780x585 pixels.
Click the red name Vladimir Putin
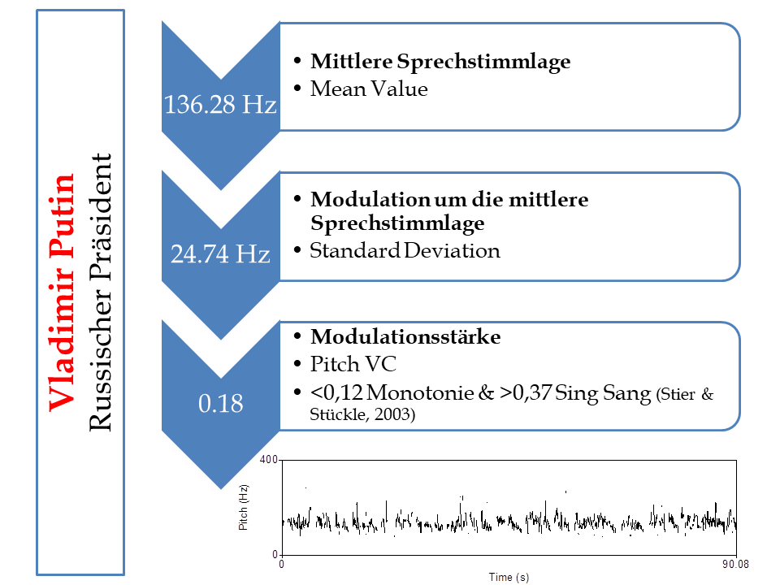tap(61, 292)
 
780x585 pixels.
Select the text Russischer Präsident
tap(100, 292)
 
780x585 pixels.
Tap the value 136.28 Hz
tap(220, 105)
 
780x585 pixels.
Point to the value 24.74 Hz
tap(220, 253)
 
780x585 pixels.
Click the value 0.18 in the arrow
tap(220, 403)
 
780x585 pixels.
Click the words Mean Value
tap(369, 89)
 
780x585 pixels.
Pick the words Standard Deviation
tap(405, 250)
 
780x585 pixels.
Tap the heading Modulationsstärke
tap(405, 336)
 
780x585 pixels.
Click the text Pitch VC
tap(353, 364)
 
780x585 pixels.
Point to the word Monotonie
tap(420, 392)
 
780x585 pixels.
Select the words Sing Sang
tap(602, 393)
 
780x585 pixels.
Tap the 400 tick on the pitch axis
tap(268, 459)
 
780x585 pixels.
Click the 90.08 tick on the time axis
tap(735, 564)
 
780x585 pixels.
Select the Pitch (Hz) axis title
tap(243, 507)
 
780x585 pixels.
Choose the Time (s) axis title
tap(509, 577)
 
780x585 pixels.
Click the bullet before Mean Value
tap(297, 89)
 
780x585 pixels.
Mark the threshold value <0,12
tap(336, 392)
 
